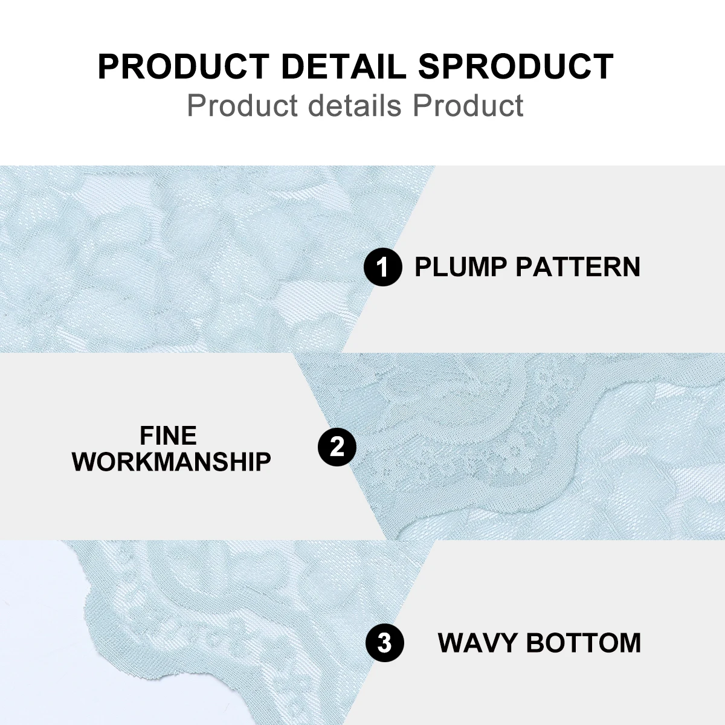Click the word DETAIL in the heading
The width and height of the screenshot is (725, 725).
click(344, 66)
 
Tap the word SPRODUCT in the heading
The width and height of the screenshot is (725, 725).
click(516, 66)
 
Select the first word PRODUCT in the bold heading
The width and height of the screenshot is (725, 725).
click(184, 66)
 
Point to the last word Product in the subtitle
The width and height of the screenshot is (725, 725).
click(468, 105)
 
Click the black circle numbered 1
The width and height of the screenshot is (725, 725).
click(383, 267)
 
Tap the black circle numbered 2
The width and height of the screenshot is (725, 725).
click(337, 446)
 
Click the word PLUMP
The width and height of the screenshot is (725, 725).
click(460, 267)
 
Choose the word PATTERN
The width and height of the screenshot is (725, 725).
click(578, 267)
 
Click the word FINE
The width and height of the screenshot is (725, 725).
click(168, 435)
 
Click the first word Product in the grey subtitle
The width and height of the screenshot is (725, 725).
click(243, 105)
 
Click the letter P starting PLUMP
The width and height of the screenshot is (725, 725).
click(422, 267)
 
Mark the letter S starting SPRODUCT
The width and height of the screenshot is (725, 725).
click(430, 66)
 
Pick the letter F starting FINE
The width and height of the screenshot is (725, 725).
click(146, 435)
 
